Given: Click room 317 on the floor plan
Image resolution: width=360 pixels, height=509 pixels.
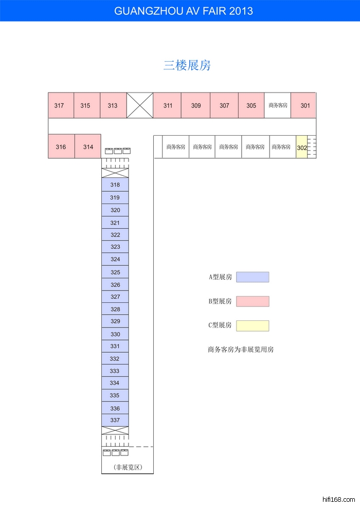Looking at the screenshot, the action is tap(61, 105).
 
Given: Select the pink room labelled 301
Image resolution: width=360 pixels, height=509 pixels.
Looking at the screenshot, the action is tap(303, 105).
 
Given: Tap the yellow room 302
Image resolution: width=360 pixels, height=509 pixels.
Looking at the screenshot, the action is tap(301, 147).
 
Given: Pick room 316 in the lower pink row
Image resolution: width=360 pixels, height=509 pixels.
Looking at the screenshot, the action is tap(61, 147).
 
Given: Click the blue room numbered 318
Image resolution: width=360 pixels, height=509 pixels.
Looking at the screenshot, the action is tap(115, 185).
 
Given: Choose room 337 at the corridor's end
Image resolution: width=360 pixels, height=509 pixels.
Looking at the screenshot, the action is tap(115, 420).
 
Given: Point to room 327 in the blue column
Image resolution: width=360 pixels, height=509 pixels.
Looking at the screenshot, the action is tap(115, 297).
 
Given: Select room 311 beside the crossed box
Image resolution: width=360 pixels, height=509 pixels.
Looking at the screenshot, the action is tap(167, 105).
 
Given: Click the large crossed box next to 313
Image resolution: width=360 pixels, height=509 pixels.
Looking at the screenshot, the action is tap(139, 105).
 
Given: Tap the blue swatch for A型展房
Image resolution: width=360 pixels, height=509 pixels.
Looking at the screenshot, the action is tap(253, 277).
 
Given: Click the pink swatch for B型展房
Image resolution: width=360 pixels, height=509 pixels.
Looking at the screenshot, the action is tap(253, 301).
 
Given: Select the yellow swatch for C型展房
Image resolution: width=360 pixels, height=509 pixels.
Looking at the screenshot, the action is tap(253, 325).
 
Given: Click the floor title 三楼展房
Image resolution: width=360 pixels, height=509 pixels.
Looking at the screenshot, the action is tap(187, 65).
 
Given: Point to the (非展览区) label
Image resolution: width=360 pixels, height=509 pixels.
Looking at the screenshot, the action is tap(128, 467).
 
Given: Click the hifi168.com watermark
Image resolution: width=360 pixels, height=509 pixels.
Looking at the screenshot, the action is tap(339, 499).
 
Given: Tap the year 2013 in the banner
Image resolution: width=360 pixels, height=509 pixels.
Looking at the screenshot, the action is tap(241, 11).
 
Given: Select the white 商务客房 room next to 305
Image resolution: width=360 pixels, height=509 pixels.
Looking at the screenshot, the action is tap(278, 105).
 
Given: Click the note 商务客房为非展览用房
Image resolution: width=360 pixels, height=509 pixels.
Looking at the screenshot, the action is tap(241, 350).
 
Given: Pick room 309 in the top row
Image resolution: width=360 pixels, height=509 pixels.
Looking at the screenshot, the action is tap(195, 105).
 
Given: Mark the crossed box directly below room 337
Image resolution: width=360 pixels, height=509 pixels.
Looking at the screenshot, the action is tap(115, 430).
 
